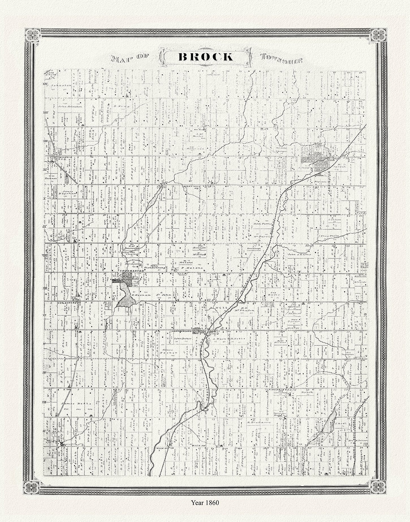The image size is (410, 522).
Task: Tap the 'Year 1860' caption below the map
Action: [205, 503]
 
